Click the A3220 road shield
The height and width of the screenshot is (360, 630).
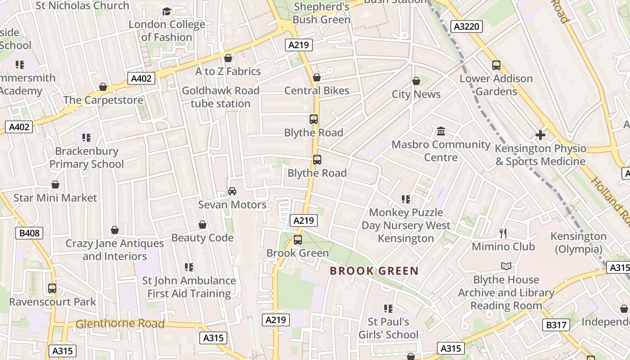(x=466, y=27)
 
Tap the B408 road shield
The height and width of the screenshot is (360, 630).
(x=30, y=233)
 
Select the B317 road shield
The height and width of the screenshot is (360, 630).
(x=556, y=324)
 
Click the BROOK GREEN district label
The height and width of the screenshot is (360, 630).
(x=374, y=271)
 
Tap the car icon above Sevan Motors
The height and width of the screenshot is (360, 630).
(x=232, y=191)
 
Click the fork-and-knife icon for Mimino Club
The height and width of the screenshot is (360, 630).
(x=503, y=233)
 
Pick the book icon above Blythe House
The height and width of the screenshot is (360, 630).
(x=506, y=266)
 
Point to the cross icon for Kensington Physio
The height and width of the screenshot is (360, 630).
(x=540, y=135)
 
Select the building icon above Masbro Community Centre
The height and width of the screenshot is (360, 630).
(x=441, y=131)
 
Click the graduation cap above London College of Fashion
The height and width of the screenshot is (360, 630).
(x=166, y=11)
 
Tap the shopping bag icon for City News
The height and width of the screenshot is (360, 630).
(x=416, y=81)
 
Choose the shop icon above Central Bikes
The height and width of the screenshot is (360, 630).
(x=317, y=77)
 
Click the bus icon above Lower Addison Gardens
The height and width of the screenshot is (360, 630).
(x=496, y=65)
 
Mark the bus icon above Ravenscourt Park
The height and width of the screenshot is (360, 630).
(x=52, y=288)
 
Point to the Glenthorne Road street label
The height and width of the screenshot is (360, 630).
(x=120, y=324)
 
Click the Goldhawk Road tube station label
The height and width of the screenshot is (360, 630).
(x=220, y=97)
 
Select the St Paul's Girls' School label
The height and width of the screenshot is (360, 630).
(x=388, y=328)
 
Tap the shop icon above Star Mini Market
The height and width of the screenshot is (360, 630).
(x=55, y=184)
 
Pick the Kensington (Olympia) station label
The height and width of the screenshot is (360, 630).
(x=579, y=243)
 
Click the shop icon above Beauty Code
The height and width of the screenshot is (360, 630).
(x=202, y=225)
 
